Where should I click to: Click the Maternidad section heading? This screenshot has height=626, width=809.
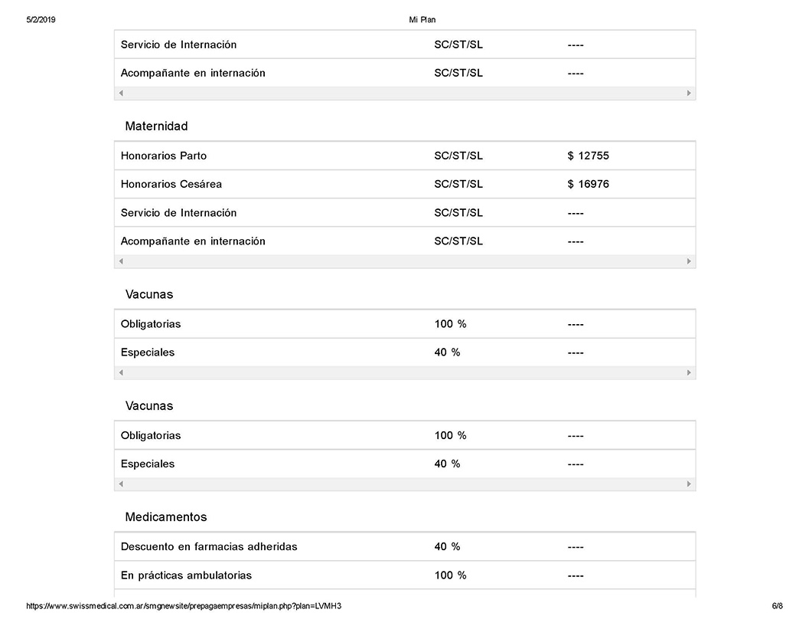point(156,126)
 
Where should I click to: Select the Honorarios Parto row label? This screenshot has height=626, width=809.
point(164,156)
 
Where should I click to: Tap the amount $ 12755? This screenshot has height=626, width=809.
point(588,156)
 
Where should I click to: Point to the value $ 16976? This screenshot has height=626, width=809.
point(588,185)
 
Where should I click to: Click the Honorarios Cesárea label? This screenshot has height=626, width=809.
point(171,185)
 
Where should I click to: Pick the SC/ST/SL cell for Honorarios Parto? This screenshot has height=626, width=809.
point(458,156)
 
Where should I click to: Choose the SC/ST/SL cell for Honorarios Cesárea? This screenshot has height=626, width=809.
point(458,185)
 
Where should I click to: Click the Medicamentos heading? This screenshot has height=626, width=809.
point(166,517)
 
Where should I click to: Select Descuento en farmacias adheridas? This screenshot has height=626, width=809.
point(209,547)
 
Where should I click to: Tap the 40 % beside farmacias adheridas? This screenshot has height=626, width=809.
point(447,547)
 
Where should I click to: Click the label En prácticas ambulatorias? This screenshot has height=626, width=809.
point(186,575)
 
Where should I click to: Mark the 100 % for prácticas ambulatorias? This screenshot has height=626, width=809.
point(450,575)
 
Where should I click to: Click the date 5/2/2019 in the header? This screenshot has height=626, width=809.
point(41,20)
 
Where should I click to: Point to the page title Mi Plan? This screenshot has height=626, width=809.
point(422,20)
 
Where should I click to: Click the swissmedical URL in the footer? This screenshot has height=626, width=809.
point(184,606)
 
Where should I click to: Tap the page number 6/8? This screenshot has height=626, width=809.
point(777,606)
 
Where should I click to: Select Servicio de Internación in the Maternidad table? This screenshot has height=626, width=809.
point(178,213)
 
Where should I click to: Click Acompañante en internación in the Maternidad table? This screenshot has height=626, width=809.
point(193,241)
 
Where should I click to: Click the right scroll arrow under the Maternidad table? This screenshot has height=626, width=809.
point(689,261)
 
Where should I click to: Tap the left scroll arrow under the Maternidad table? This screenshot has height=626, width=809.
point(121,261)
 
